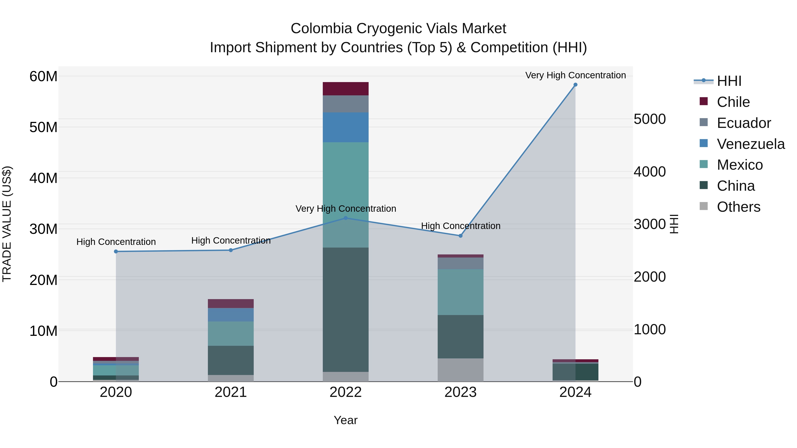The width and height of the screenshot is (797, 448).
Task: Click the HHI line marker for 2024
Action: pyautogui.click(x=575, y=85)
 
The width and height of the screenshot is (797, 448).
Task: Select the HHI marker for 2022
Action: pyautogui.click(x=346, y=218)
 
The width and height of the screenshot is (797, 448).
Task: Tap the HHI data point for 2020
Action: pyautogui.click(x=116, y=251)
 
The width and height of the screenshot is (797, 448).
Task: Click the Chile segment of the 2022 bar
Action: pyautogui.click(x=346, y=89)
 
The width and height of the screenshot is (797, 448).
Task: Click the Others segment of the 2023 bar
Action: pyautogui.click(x=460, y=370)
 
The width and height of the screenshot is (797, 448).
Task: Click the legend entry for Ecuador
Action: pyautogui.click(x=743, y=123)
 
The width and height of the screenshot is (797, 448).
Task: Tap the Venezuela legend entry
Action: pyautogui.click(x=751, y=144)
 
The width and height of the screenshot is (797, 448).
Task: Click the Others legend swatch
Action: pyautogui.click(x=704, y=206)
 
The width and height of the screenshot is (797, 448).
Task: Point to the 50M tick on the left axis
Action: pyautogui.click(x=43, y=127)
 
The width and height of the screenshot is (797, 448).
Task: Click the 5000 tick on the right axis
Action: pyautogui.click(x=649, y=119)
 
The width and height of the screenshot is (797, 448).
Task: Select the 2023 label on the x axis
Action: pyautogui.click(x=460, y=392)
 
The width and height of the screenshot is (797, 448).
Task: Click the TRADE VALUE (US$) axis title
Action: pyautogui.click(x=7, y=224)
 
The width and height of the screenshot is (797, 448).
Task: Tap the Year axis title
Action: pyautogui.click(x=346, y=420)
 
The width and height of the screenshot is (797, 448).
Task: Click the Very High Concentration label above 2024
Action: pyautogui.click(x=575, y=75)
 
